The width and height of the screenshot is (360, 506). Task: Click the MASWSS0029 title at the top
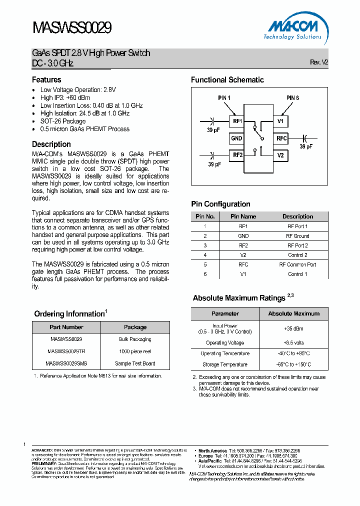[71, 28]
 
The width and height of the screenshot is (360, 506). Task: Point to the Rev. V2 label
[319, 62]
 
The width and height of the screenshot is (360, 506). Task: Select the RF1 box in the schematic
[236, 121]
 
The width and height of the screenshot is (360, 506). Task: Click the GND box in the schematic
[236, 138]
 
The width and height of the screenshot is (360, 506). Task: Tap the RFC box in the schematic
[281, 138]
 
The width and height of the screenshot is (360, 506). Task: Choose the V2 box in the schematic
[280, 155]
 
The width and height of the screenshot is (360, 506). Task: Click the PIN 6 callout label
[292, 98]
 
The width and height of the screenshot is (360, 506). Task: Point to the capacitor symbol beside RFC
[305, 138]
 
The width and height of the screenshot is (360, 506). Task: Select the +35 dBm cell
[293, 329]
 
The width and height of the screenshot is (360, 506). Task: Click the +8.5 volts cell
[293, 343]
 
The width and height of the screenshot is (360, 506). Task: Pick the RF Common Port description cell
[297, 264]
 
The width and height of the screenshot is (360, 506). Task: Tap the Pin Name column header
[243, 216]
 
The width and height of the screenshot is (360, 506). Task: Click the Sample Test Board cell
[135, 363]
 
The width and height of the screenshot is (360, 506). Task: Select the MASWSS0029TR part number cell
[66, 351]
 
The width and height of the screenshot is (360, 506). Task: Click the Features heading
[46, 79]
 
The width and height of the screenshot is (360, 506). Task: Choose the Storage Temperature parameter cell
[225, 364]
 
